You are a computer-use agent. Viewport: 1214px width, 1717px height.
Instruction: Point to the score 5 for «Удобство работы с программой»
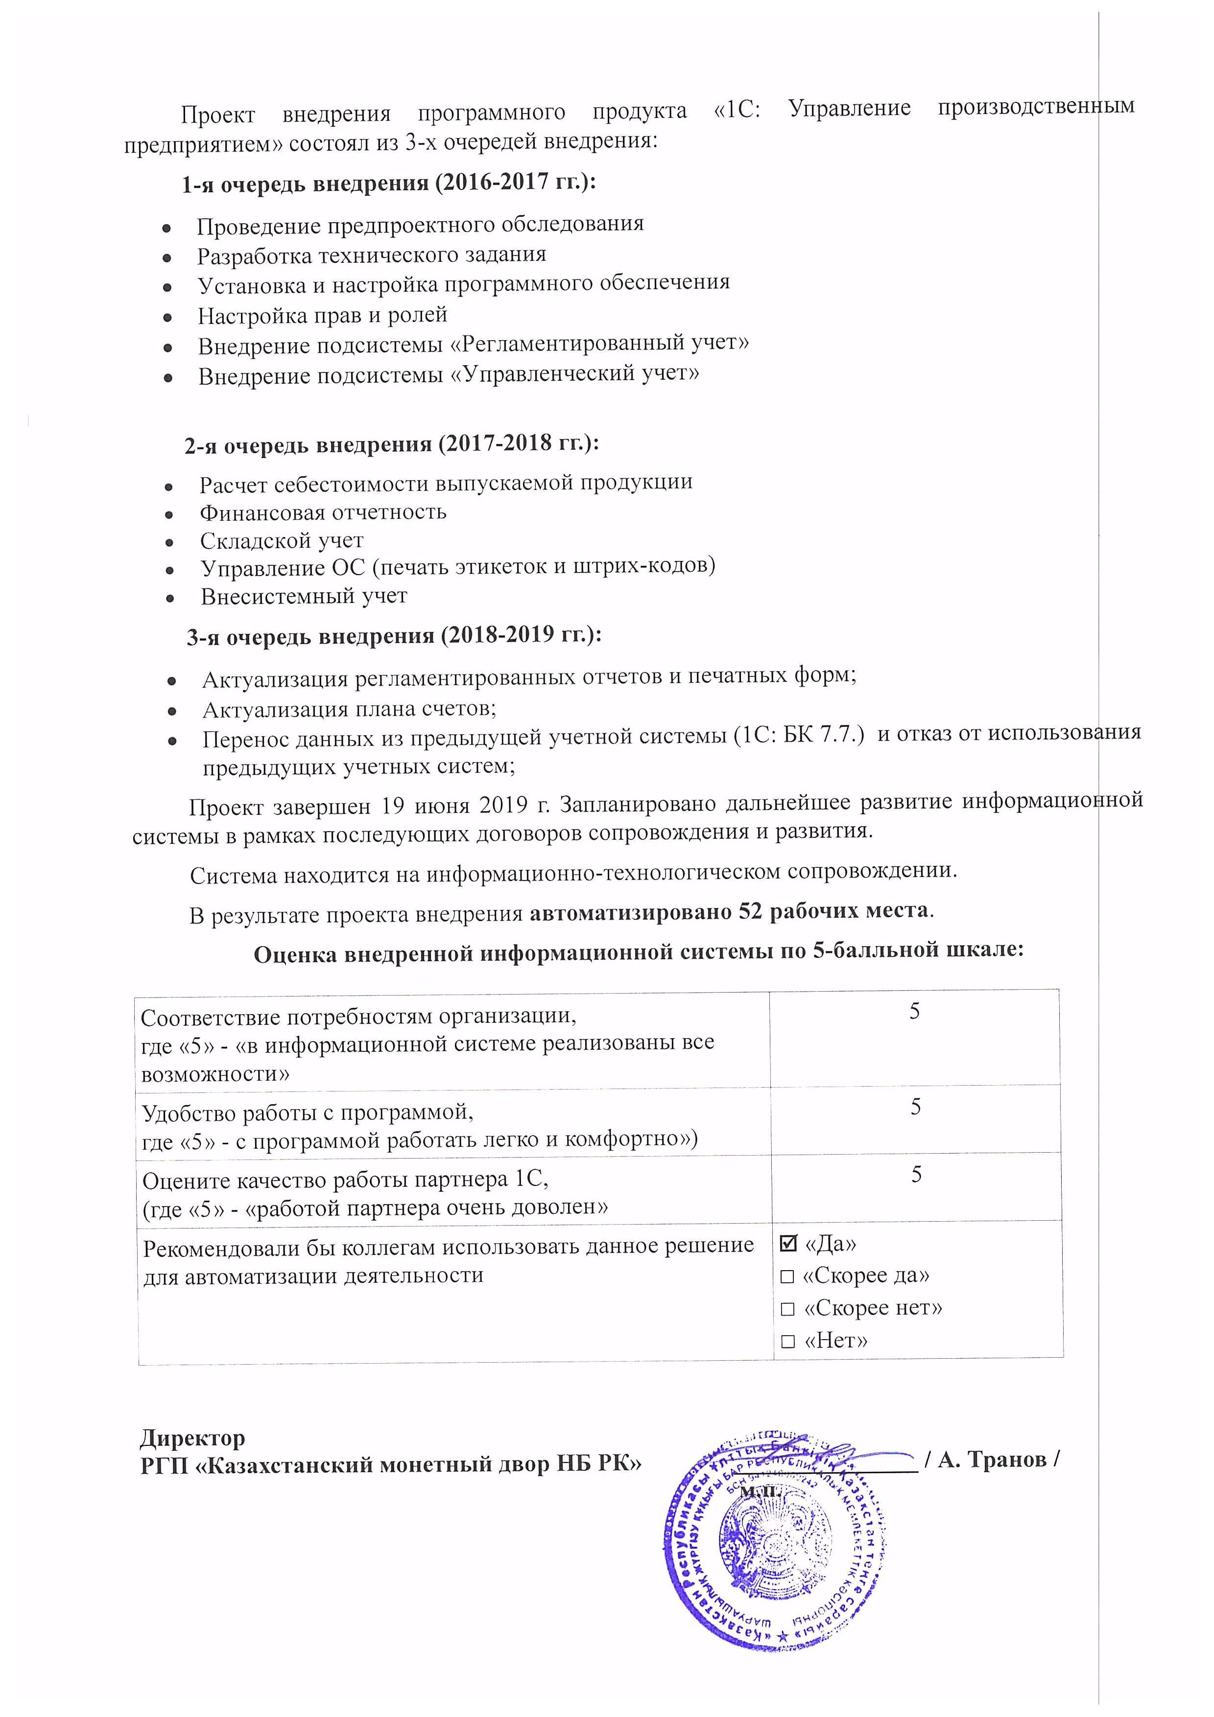915,1108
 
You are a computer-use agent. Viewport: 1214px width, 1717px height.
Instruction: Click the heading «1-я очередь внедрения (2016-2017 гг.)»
389,183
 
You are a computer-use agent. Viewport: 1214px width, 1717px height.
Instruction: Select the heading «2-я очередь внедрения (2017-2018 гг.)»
391,444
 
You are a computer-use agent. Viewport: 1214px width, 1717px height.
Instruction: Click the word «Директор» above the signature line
192,1438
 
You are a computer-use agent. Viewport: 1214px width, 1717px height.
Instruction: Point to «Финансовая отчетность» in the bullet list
322,512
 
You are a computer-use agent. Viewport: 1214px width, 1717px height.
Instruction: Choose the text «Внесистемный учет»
304,596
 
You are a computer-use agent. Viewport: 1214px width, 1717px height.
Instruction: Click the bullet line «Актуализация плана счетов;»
349,708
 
